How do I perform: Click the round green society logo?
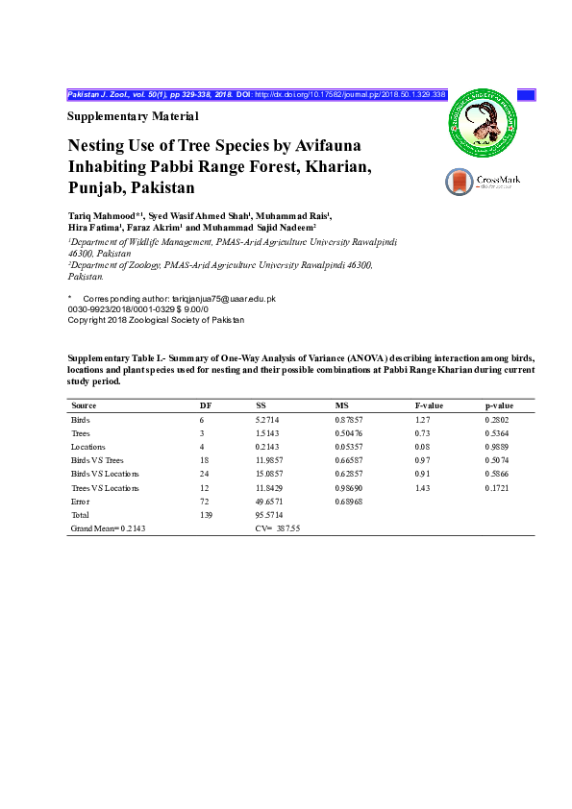(x=485, y=122)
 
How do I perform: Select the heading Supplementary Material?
(x=133, y=116)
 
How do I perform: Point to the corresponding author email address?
(x=224, y=299)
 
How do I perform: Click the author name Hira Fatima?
(x=93, y=229)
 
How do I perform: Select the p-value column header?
(x=500, y=405)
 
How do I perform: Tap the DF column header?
(x=205, y=405)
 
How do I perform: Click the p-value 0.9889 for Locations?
(x=499, y=447)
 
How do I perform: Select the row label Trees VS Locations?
(x=105, y=488)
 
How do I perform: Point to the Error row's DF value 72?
(x=203, y=502)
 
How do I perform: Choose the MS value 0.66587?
(x=350, y=460)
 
